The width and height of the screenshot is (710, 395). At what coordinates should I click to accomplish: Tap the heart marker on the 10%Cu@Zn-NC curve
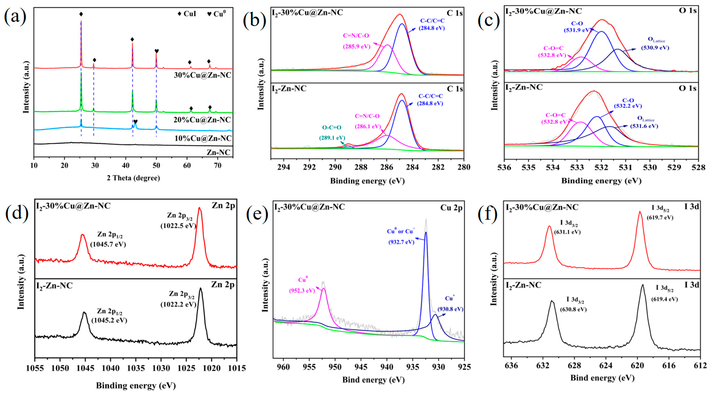(135, 121)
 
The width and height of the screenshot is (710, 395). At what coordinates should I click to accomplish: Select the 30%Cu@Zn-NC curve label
(203, 75)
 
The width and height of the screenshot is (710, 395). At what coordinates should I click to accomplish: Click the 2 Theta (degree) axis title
(133, 178)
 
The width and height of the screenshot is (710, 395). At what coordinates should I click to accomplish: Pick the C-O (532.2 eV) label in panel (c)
(628, 103)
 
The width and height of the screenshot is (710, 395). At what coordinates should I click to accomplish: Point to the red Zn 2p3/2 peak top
(200, 208)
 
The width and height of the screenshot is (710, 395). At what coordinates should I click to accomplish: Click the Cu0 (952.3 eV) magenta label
(302, 285)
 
